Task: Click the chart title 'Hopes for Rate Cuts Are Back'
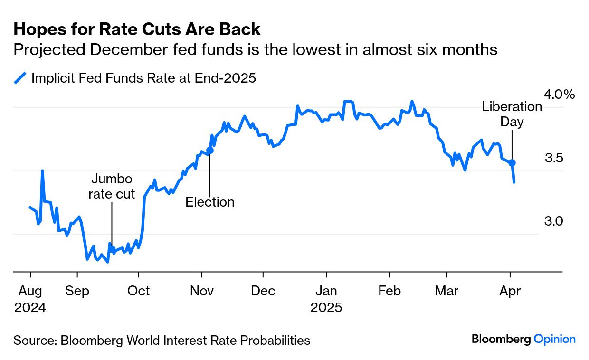click(137, 29)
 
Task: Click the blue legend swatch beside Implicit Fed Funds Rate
click(20, 78)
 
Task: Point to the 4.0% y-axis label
click(559, 95)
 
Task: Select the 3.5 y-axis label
click(554, 158)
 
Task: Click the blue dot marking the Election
click(210, 150)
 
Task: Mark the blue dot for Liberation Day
click(512, 163)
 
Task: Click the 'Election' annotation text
click(210, 202)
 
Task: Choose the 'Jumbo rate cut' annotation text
click(112, 186)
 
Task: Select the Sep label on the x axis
click(77, 291)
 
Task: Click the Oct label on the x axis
click(138, 291)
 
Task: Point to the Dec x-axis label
click(263, 291)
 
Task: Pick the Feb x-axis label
click(390, 291)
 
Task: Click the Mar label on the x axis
click(446, 291)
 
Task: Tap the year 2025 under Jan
click(326, 307)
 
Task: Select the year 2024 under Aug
click(30, 307)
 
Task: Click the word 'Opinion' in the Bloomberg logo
click(554, 339)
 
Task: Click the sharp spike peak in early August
click(42, 171)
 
